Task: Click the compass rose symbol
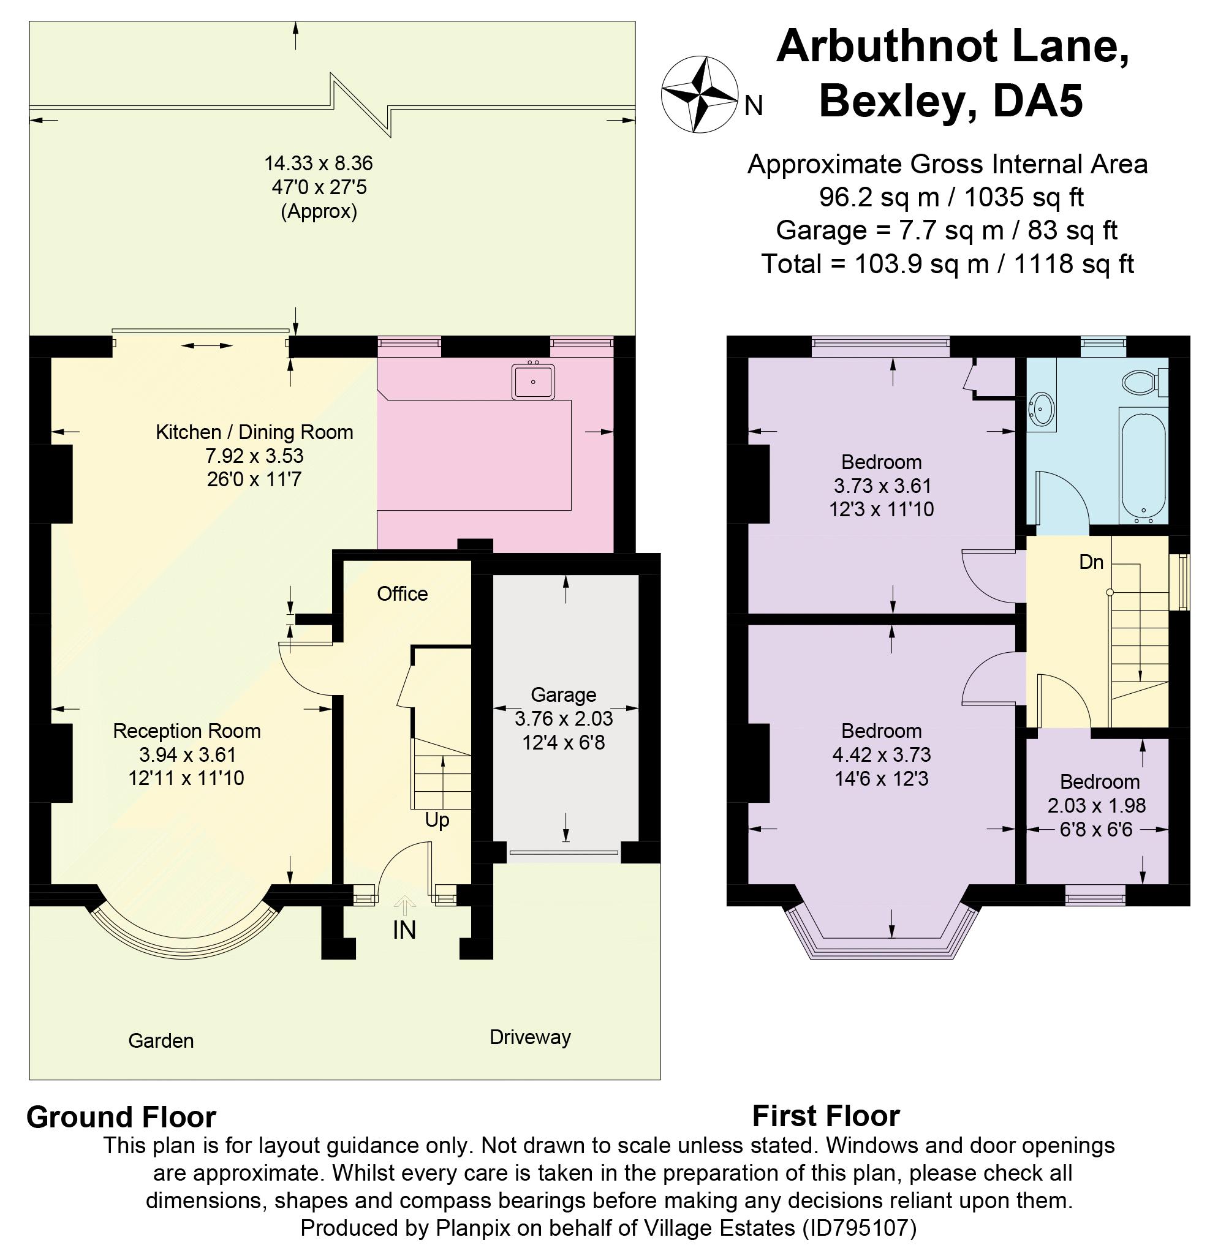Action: (x=699, y=96)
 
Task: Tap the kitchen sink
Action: (x=533, y=381)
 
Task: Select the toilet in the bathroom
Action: (x=1141, y=382)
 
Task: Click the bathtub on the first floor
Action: (x=1143, y=467)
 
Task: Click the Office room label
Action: (x=402, y=594)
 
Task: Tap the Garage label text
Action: (x=563, y=694)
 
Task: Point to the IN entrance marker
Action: (x=404, y=930)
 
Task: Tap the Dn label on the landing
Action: (x=1091, y=562)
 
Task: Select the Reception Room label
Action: (x=187, y=731)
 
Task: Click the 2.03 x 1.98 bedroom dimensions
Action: (x=1097, y=806)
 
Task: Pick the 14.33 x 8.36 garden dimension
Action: (x=319, y=163)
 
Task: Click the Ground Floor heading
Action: (x=121, y=1117)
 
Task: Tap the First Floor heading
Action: (x=825, y=1116)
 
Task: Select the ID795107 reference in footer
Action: (x=857, y=1228)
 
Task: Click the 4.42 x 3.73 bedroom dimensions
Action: (x=881, y=754)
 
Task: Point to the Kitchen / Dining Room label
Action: (x=254, y=432)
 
